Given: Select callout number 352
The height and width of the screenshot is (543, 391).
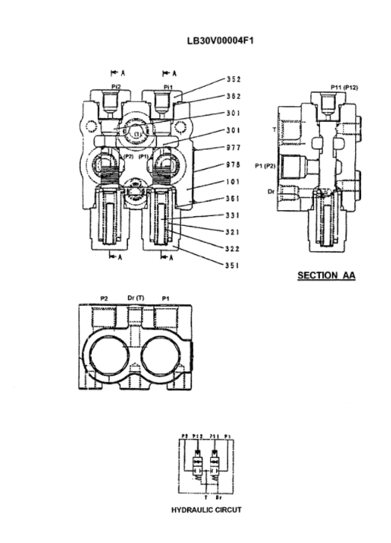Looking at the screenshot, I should tap(233, 79).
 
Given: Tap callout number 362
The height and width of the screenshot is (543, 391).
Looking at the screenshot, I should tap(233, 96).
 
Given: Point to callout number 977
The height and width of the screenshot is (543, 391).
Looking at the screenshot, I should tap(233, 147).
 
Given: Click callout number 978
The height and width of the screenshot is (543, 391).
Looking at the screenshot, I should tap(233, 164).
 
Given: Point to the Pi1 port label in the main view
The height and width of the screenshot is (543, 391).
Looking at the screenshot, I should tap(169, 87).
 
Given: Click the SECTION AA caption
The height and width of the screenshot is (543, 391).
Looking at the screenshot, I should tap(326, 276).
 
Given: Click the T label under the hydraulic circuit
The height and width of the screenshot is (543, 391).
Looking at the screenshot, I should tap(205, 495).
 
